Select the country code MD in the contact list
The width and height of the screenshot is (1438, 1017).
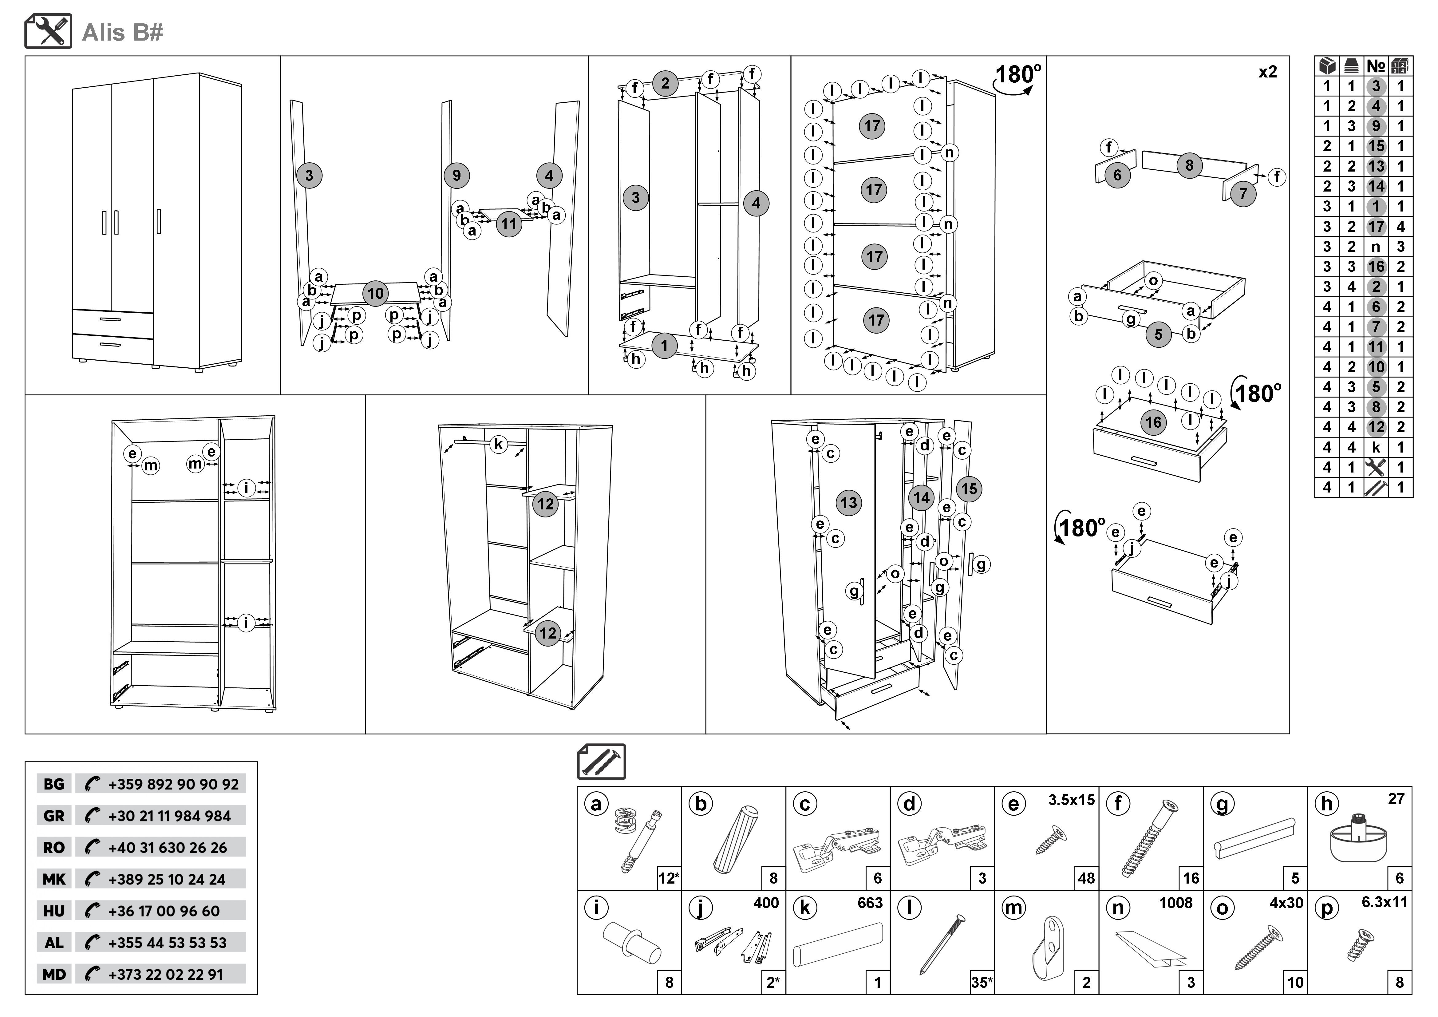[x=54, y=974]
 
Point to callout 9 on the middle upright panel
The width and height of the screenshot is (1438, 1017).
[x=456, y=175]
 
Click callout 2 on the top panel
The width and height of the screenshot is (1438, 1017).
[x=665, y=83]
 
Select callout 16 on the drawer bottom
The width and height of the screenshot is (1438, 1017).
[x=1154, y=422]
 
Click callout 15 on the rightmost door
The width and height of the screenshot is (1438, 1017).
[x=969, y=489]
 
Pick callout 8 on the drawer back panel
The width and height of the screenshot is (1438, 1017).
[x=1189, y=165]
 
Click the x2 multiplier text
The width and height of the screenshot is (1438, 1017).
[x=1268, y=72]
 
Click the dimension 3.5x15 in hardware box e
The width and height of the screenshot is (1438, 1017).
[x=1072, y=800]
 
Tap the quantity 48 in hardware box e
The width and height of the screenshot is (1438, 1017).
[x=1087, y=878]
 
